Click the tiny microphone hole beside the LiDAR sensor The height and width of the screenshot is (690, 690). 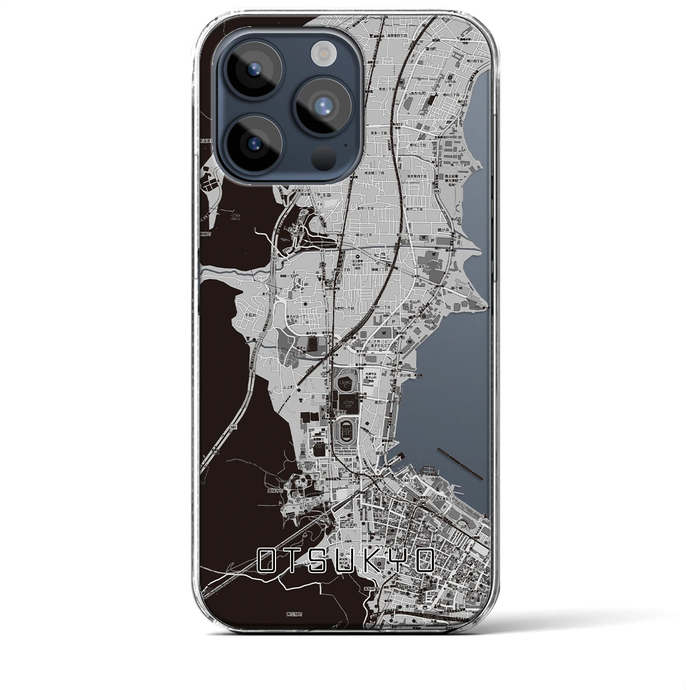345,144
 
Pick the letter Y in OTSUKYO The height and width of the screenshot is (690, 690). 396,561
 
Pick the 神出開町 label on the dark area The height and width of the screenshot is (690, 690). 296,614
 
